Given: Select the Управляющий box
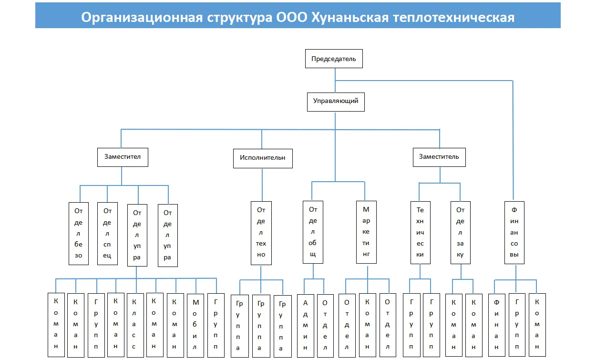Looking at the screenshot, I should click(335, 102).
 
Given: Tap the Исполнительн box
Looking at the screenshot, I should click(262, 158).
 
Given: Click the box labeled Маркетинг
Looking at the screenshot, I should click(366, 232).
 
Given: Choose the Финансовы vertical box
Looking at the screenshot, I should click(514, 232).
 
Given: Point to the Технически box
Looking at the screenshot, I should click(420, 232).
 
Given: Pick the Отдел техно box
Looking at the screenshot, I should click(261, 232).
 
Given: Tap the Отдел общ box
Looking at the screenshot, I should click(313, 232).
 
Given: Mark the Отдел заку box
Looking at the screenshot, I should click(460, 232).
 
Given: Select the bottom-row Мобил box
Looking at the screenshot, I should click(195, 324).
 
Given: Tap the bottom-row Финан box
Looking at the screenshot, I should click(496, 324).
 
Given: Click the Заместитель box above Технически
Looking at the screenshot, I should click(439, 157).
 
